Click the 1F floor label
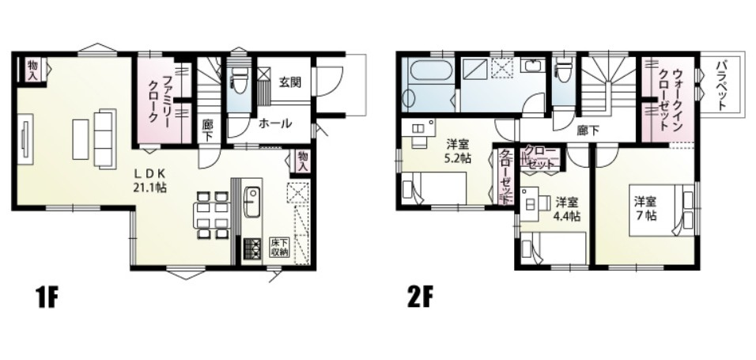[x=47, y=299]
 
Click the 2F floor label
[x=420, y=299]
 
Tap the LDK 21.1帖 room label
[x=150, y=180]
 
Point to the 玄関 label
[x=289, y=82]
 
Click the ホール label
[x=275, y=123]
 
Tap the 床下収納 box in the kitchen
[x=279, y=247]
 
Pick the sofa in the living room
[x=105, y=138]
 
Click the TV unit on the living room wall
[x=25, y=139]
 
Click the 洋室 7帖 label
[x=644, y=208]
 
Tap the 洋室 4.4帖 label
[x=568, y=208]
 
